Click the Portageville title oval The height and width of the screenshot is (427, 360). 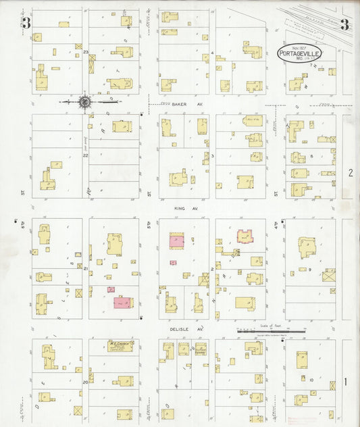[x=299, y=54]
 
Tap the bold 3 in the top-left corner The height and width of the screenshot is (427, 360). [x=26, y=24]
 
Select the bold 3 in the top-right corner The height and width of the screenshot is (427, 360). [x=344, y=26]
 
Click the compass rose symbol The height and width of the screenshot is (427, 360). [x=85, y=102]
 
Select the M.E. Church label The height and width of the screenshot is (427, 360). [x=115, y=345]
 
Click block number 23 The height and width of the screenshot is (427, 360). [x=86, y=52]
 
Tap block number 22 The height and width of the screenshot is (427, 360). [x=85, y=155]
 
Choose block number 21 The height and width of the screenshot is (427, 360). [x=86, y=269]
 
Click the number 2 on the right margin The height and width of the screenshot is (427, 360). [x=351, y=174]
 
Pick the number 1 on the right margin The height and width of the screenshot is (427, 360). [x=346, y=382]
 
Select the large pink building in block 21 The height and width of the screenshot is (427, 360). [x=123, y=302]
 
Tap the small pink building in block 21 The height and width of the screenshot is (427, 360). [x=111, y=289]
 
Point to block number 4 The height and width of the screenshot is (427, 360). [x=212, y=52]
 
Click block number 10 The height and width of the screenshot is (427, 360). [x=311, y=380]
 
